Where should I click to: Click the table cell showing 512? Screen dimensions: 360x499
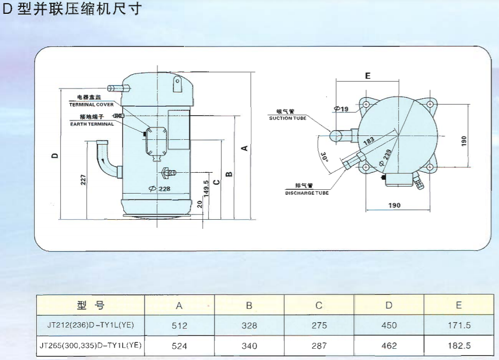179,325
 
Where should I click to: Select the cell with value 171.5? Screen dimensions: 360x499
459,325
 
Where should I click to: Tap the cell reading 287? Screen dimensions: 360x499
319,346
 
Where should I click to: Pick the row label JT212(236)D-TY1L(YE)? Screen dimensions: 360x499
90,325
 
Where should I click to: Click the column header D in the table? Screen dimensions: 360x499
389,306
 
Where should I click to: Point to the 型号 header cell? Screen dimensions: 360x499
90,306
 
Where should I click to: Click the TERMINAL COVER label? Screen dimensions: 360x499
91,105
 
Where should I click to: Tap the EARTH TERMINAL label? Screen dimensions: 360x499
92,124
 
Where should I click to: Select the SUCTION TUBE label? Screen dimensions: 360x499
288,118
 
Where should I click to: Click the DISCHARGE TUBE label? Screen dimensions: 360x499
306,193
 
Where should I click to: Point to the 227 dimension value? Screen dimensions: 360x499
83,180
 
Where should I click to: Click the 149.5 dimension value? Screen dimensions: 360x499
206,189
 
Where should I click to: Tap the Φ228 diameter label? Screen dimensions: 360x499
160,189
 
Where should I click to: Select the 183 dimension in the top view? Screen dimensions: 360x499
368,142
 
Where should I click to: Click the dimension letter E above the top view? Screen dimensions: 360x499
367,76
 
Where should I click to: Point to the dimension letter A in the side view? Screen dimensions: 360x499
244,148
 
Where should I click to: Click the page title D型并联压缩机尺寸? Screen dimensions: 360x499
72,9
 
